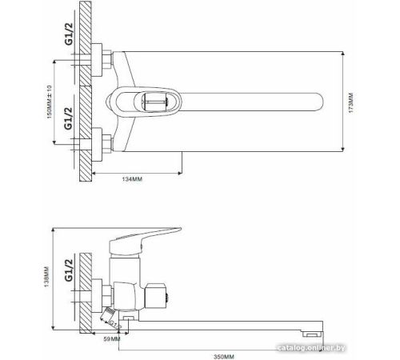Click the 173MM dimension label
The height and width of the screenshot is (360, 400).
coord(351,102)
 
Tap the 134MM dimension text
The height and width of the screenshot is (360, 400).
coord(132,179)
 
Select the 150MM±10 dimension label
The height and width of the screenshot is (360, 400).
coord(50,102)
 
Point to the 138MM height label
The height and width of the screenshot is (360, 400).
coord(46,277)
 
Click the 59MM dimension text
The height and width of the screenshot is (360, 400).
coord(112,339)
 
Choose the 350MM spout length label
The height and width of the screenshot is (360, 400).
coord(224,357)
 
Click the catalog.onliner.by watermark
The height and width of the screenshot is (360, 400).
coord(311,348)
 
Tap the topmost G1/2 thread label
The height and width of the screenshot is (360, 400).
coord(69,34)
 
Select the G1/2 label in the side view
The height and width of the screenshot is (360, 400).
coord(69,270)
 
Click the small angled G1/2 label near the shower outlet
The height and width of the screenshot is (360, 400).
coord(115,325)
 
